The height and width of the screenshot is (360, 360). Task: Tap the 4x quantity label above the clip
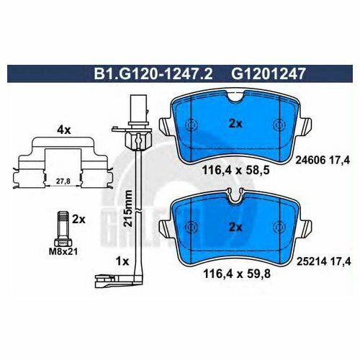(x=63, y=130)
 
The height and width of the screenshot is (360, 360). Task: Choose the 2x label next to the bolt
(x=79, y=218)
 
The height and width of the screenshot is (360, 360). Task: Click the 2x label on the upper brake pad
(x=235, y=123)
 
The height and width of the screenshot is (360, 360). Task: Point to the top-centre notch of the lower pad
(x=233, y=195)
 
